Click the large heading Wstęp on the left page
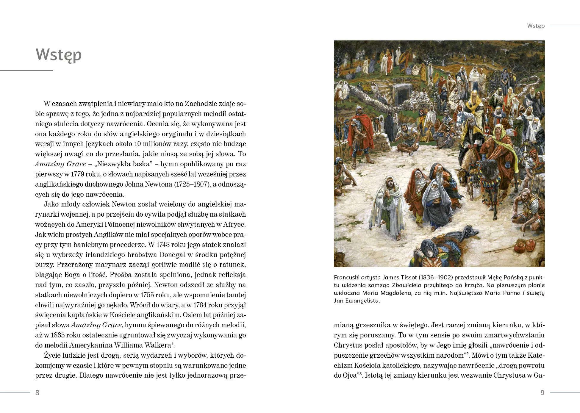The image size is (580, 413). [x=59, y=55]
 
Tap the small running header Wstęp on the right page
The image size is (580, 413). [x=536, y=26]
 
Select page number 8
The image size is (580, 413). [x=37, y=393]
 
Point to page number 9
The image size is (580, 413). [x=542, y=393]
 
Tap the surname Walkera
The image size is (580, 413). [x=160, y=345]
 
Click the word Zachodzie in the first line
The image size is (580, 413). [x=201, y=104]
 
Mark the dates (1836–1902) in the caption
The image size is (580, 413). [x=436, y=278]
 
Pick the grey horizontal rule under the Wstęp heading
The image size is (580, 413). [x=26, y=71]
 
